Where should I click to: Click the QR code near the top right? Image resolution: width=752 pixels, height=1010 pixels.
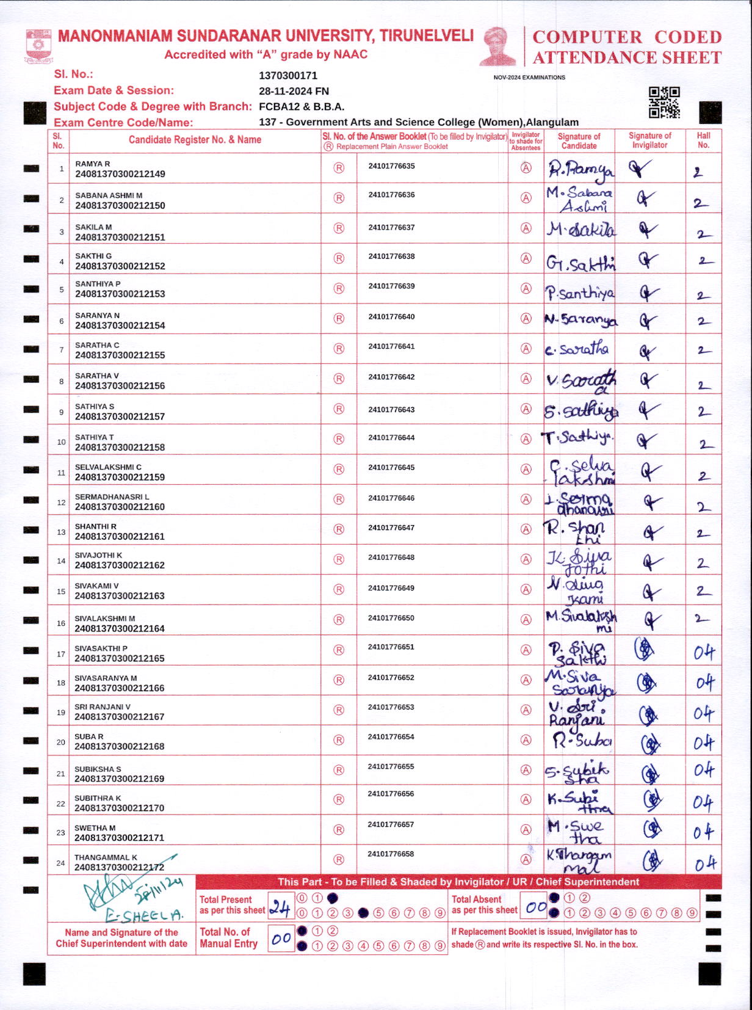click(x=663, y=102)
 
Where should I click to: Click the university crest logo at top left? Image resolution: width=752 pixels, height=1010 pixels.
click(x=38, y=46)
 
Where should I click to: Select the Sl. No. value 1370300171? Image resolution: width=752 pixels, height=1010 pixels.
click(x=288, y=76)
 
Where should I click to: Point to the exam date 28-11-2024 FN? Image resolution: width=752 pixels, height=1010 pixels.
click(x=294, y=91)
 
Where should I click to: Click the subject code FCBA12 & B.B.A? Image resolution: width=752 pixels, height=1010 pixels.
click(x=302, y=106)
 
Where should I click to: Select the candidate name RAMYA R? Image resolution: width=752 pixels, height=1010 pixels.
click(x=93, y=164)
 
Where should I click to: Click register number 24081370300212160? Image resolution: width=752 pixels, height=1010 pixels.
click(x=120, y=507)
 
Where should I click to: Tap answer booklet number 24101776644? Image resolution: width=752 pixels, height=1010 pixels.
click(x=391, y=438)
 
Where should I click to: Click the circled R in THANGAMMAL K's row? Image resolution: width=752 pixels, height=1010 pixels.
click(x=339, y=859)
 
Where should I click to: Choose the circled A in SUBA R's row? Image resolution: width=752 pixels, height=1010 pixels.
click(x=526, y=739)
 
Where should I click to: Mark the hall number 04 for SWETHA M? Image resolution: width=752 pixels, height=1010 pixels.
click(x=703, y=832)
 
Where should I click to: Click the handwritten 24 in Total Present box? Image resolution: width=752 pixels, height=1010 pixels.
click(x=280, y=908)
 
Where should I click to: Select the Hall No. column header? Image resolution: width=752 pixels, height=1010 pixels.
click(x=703, y=140)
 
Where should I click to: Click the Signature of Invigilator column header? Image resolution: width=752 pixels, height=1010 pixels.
click(x=649, y=140)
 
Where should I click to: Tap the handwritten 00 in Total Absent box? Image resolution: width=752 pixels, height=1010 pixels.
click(x=535, y=907)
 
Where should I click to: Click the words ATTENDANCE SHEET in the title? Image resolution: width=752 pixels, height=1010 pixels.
click(x=627, y=58)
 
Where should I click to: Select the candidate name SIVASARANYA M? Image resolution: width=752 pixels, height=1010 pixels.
click(x=106, y=678)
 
